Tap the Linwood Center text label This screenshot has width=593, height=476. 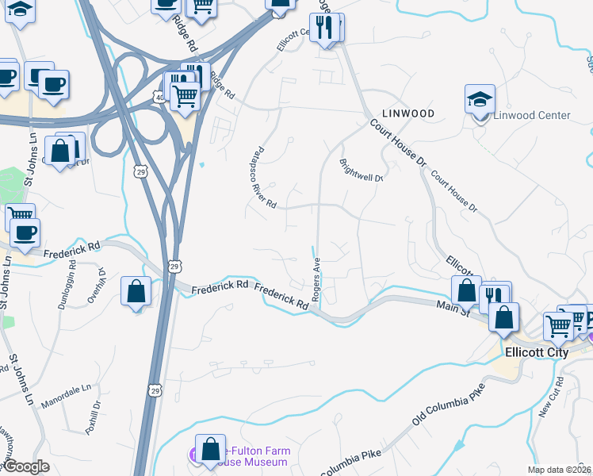click(532, 115)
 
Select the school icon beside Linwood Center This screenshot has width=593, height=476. click(480, 100)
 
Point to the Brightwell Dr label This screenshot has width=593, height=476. click(362, 172)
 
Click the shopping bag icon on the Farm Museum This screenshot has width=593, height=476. click(210, 448)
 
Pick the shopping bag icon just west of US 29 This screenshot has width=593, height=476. click(136, 290)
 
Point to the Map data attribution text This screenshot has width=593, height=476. click(559, 470)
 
